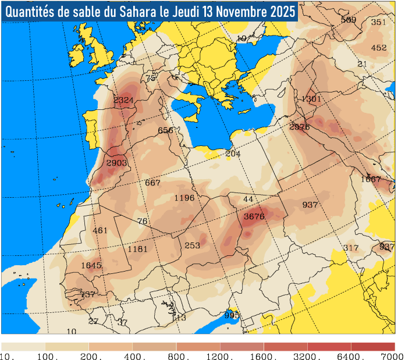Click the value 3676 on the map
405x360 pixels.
pyautogui.click(x=254, y=216)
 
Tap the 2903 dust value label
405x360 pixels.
pyautogui.click(x=116, y=163)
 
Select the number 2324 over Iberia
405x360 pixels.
pyautogui.click(x=123, y=100)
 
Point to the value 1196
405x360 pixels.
pyautogui.click(x=184, y=198)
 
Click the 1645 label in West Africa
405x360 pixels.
pyautogui.click(x=91, y=266)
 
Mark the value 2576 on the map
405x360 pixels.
pyautogui.click(x=300, y=127)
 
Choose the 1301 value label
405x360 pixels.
pyautogui.click(x=311, y=99)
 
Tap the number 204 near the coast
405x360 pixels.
pyautogui.click(x=233, y=154)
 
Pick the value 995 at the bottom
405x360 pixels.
pyautogui.click(x=232, y=315)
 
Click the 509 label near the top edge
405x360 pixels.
pyautogui.click(x=349, y=20)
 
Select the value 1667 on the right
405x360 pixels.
pyautogui.click(x=371, y=179)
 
